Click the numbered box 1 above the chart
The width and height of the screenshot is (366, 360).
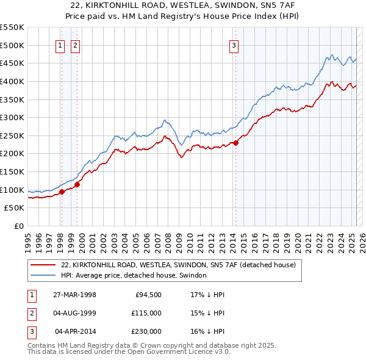pyautogui.click(x=61, y=45)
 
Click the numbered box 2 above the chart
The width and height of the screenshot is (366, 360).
pyautogui.click(x=75, y=45)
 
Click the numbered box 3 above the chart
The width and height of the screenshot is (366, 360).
pyautogui.click(x=235, y=45)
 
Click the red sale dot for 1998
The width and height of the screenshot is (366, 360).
pyautogui.click(x=62, y=192)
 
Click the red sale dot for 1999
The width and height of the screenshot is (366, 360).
pyautogui.click(x=77, y=184)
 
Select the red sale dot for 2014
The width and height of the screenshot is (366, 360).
pyautogui.click(x=235, y=143)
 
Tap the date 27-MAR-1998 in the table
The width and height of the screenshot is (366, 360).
pyautogui.click(x=74, y=295)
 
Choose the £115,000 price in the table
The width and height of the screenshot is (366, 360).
pyautogui.click(x=146, y=313)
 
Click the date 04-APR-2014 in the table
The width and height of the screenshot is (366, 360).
pyautogui.click(x=75, y=331)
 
